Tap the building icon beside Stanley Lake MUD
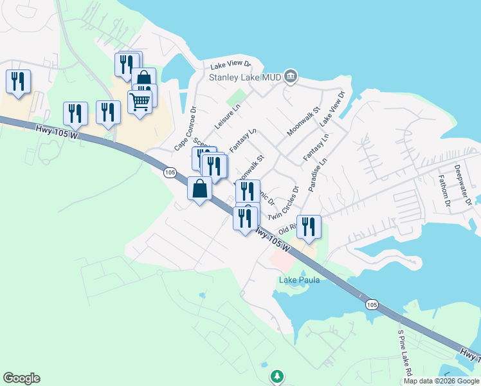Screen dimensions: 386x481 click(291, 77)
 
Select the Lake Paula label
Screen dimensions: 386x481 click(299, 280)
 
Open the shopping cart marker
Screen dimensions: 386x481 click(140, 100)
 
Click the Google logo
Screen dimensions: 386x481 click(21, 378)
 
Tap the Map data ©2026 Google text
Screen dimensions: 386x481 click(441, 381)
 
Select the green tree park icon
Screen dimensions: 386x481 click(277, 375)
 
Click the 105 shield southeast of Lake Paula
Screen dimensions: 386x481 click(371, 304)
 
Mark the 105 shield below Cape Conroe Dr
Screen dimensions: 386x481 click(170, 172)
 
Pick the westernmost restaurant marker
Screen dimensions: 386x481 click(17, 82)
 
